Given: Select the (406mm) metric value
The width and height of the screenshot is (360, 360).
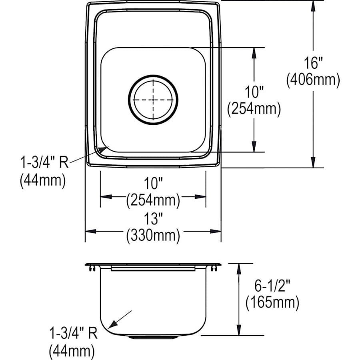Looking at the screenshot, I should pos(313,80).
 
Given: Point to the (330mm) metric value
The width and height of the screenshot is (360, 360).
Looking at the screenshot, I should pos(153,236).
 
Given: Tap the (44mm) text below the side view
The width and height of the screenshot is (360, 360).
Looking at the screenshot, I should pos(72,352).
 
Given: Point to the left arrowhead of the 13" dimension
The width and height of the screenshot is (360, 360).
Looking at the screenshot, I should pos(90,231).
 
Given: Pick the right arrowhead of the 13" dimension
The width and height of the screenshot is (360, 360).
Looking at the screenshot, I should pos(216,231).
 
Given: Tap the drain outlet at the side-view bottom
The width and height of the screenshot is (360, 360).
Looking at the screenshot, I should pos(153,337).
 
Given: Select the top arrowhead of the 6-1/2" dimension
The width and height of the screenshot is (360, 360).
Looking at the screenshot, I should pos(239,268).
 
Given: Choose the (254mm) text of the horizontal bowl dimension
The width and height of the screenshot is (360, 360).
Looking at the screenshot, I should pos(153,201).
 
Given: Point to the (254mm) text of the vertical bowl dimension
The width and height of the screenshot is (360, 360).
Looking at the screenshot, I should pos(254,109).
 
